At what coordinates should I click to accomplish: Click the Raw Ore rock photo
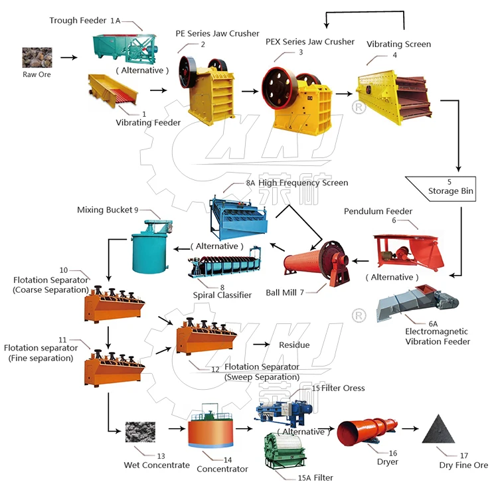point(36,57)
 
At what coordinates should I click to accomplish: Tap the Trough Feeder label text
point(78,21)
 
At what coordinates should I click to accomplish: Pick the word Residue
point(294,345)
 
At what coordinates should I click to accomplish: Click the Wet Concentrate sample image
point(141,434)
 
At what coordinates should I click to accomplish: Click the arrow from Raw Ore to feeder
point(68,58)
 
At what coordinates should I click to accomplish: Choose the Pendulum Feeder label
point(378,211)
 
